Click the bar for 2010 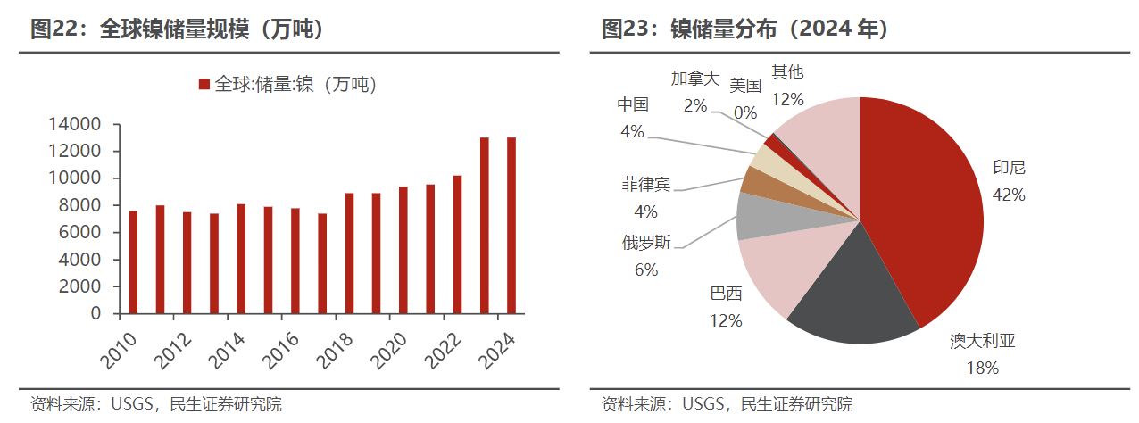pyautogui.click(x=133, y=262)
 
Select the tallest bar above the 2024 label pyautogui.click(x=511, y=226)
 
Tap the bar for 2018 pyautogui.click(x=349, y=253)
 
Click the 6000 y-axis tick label pyautogui.click(x=84, y=233)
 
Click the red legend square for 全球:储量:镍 pyautogui.click(x=204, y=85)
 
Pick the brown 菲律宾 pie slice pyautogui.click(x=758, y=182)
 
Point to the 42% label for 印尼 pyautogui.click(x=1009, y=195)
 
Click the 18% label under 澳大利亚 pyautogui.click(x=982, y=367)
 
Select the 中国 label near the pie pyautogui.click(x=633, y=104)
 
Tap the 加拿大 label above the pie pyautogui.click(x=694, y=79)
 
